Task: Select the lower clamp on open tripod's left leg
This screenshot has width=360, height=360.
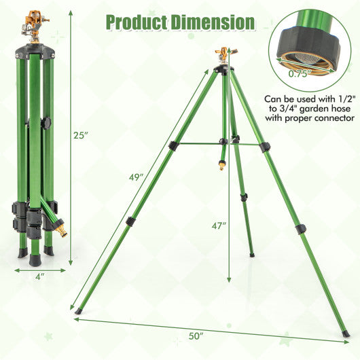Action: [129, 221]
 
